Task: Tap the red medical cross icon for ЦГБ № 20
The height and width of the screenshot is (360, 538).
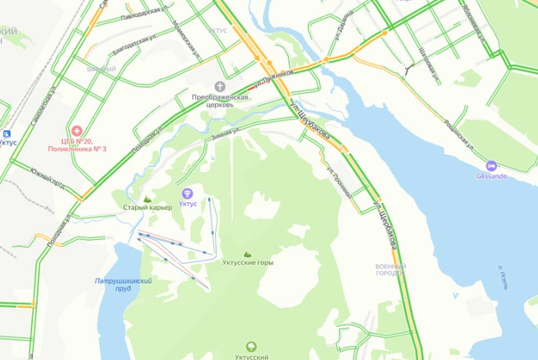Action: click(x=76, y=130)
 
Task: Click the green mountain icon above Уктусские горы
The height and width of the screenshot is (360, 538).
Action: click(x=247, y=253)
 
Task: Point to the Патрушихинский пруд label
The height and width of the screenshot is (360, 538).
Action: click(x=123, y=285)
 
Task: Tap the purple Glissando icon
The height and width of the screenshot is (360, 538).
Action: click(x=490, y=165)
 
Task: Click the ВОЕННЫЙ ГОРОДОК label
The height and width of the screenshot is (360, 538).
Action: click(x=390, y=269)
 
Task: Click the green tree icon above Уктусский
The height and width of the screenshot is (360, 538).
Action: click(x=251, y=348)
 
